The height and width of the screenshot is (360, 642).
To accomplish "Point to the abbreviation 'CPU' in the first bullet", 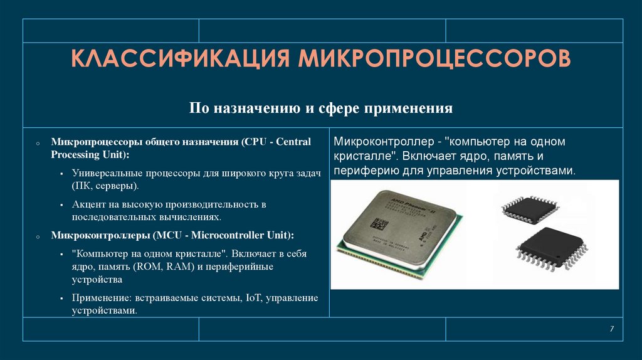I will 256,142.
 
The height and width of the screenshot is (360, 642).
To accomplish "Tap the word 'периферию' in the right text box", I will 362,170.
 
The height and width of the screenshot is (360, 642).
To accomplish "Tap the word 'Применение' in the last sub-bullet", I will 98,298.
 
